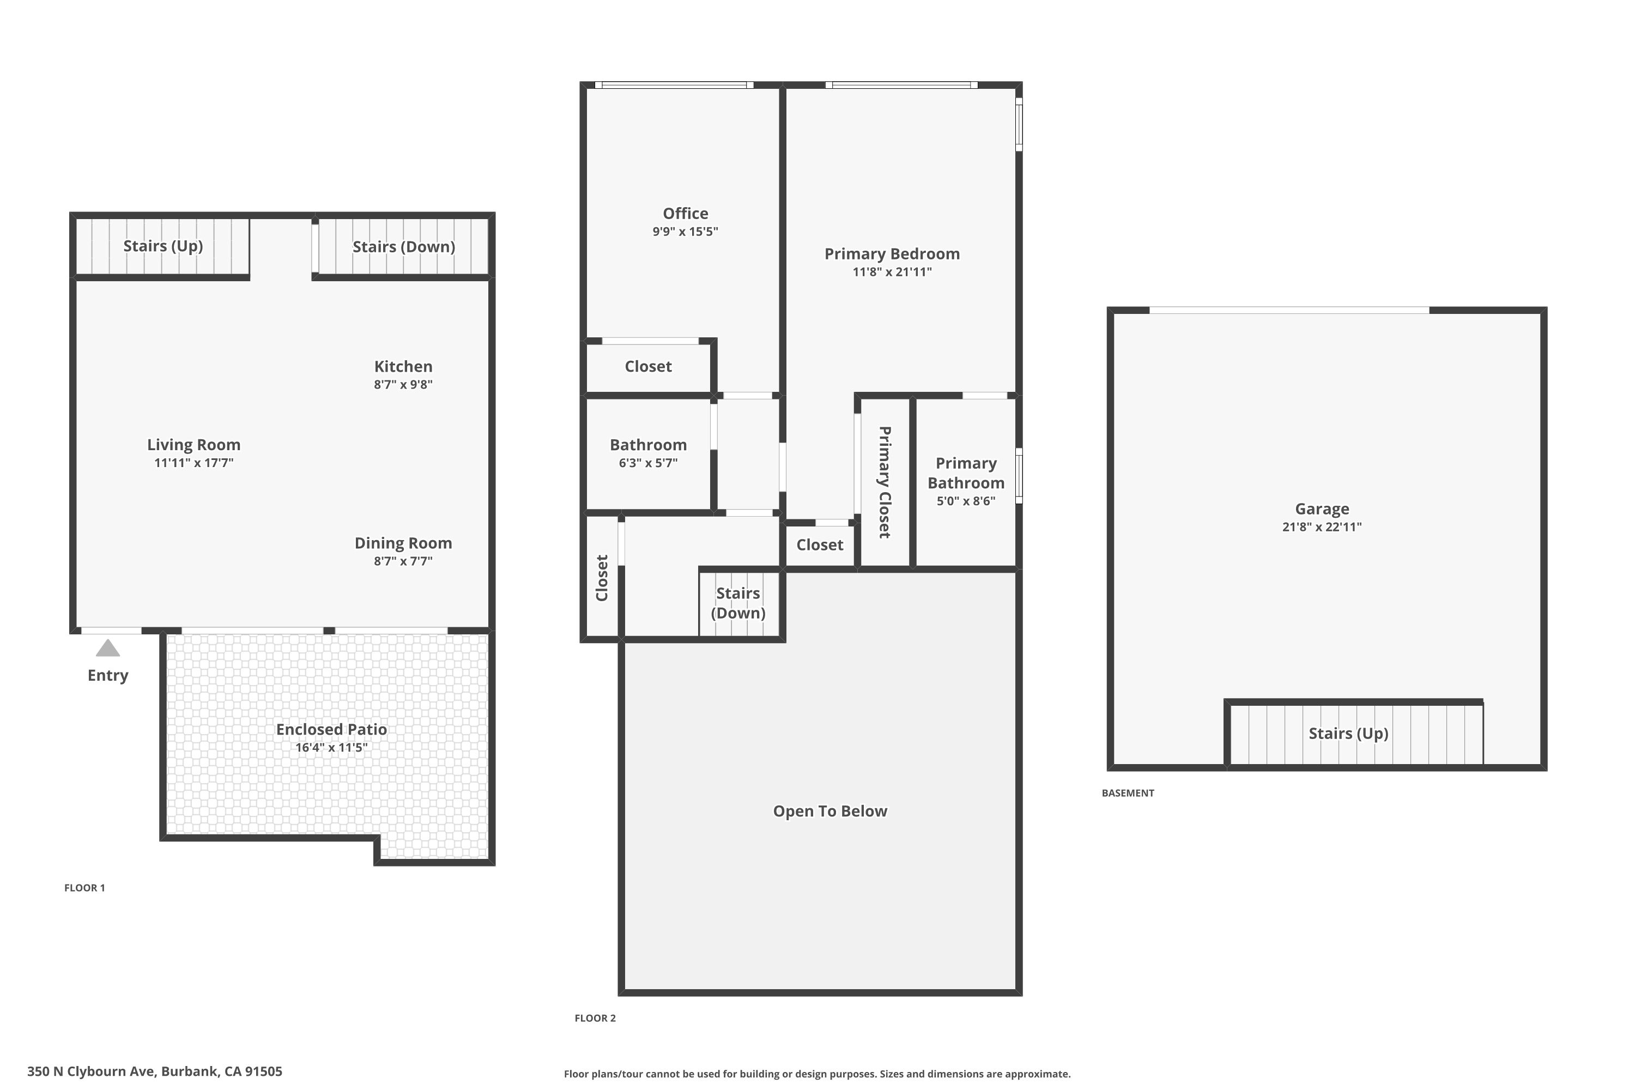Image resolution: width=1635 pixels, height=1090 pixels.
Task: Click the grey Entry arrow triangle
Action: [108, 649]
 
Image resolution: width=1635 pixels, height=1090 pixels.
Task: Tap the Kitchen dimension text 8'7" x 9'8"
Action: [403, 384]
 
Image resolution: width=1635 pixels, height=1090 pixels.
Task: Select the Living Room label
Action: [193, 445]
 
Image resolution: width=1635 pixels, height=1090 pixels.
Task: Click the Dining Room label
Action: [403, 543]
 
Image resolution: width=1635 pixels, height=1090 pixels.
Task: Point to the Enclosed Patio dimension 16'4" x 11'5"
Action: [331, 747]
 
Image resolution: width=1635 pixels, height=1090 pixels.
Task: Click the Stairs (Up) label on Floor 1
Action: [162, 246]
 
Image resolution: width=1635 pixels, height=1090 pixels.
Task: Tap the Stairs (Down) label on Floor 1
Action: [403, 247]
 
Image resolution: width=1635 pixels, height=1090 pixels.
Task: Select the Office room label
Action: [686, 214]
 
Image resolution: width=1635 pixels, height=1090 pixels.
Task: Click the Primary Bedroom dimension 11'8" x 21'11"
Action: [892, 272]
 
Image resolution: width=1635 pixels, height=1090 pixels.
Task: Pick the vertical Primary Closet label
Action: [884, 482]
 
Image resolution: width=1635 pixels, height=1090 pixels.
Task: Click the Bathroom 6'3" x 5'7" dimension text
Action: [648, 463]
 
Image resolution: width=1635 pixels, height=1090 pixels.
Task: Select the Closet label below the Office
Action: [648, 366]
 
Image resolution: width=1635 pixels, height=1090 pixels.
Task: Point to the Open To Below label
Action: [830, 812]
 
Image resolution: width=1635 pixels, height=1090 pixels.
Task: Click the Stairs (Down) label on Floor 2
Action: [738, 603]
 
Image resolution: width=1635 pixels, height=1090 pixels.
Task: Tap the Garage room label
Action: [1322, 509]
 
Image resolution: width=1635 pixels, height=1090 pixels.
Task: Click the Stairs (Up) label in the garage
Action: [1348, 734]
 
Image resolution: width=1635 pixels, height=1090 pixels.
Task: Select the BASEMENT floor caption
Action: [1128, 793]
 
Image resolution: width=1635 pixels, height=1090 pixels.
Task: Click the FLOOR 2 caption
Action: [595, 1019]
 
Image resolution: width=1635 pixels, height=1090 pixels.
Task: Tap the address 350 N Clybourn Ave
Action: [154, 1071]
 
